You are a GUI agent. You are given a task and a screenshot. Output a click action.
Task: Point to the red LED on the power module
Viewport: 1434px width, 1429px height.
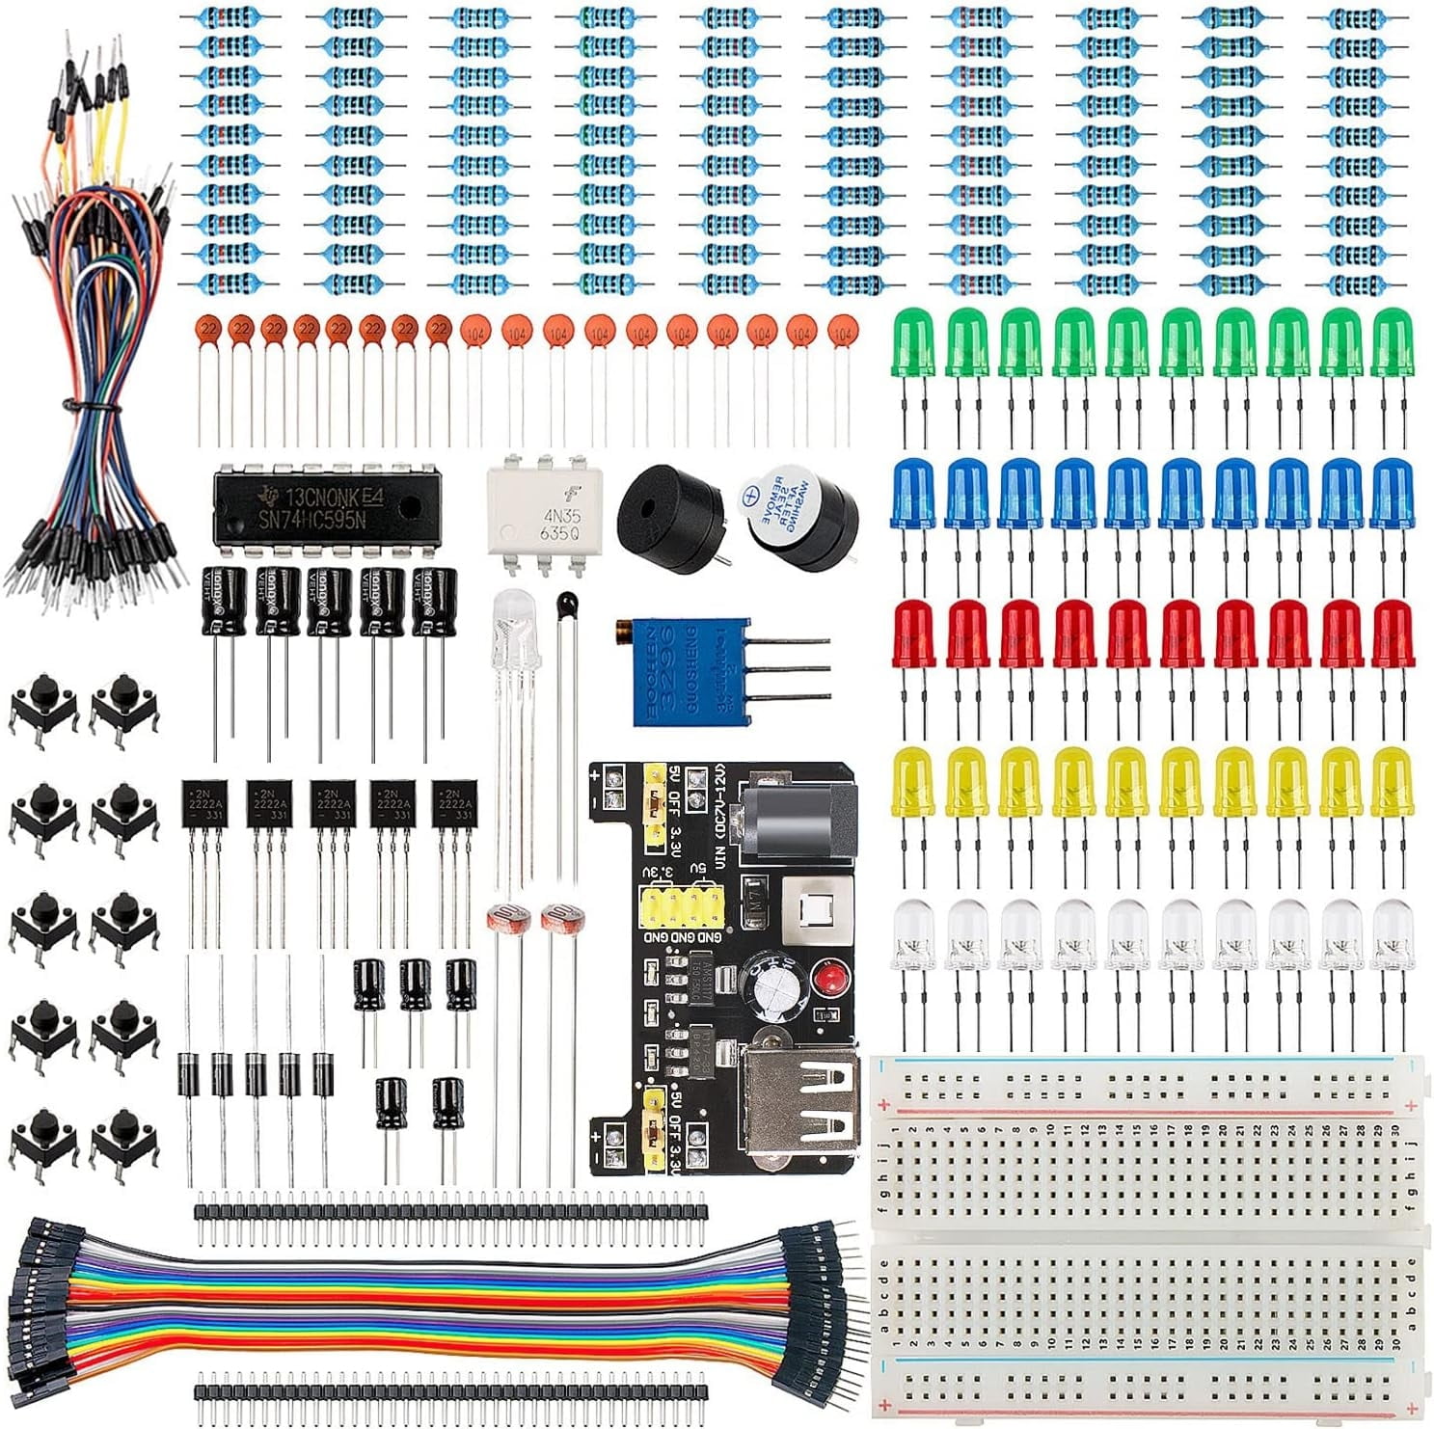click(825, 982)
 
